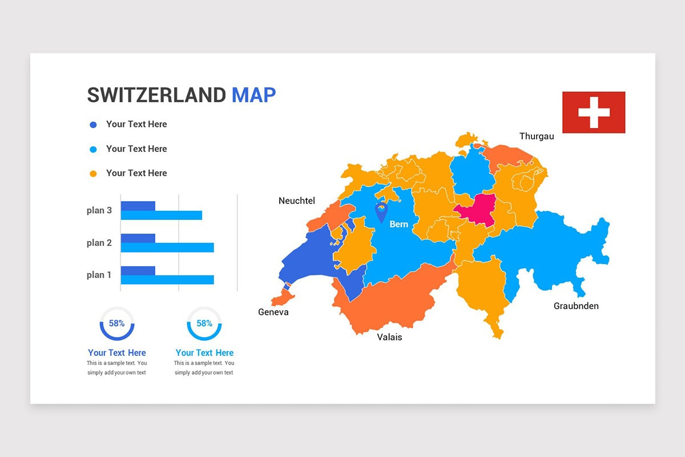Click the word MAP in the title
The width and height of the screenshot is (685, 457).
tap(253, 95)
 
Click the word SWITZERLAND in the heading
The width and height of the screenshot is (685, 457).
tap(156, 95)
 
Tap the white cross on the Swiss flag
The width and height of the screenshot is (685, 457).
tap(594, 112)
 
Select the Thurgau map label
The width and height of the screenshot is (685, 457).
tap(536, 136)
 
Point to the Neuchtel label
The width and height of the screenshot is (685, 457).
tap(296, 201)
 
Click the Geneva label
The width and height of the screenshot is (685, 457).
tap(273, 312)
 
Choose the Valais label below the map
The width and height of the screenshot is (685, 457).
tap(389, 337)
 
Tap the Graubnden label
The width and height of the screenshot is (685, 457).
tap(576, 306)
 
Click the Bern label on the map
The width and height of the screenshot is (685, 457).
tap(398, 224)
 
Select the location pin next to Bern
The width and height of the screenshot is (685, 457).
tap(381, 211)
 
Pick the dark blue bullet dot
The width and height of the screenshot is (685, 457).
tap(94, 125)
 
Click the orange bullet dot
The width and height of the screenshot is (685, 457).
tap(94, 174)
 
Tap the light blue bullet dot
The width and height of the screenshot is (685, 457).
tap(94, 149)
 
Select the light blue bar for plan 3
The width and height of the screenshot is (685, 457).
tap(162, 215)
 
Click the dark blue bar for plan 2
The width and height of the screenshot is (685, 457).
tap(138, 238)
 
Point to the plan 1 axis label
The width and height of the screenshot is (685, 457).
tap(99, 275)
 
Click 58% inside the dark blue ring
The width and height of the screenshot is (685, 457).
tap(117, 323)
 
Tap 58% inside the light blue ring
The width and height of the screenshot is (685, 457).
tap(204, 323)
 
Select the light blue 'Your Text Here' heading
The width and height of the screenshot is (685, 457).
tap(204, 352)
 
